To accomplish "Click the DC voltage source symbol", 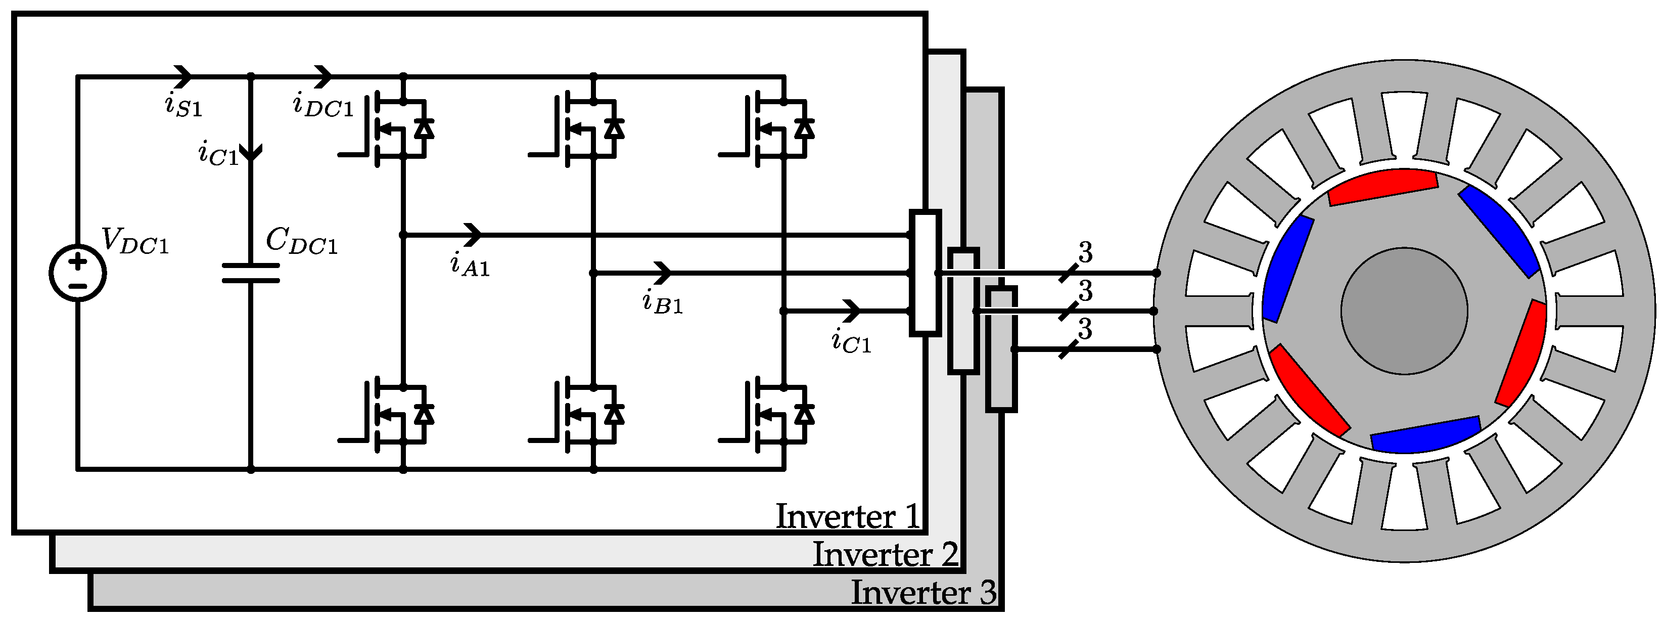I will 77,273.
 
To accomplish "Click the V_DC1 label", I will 135,242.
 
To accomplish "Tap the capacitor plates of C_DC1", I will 251,273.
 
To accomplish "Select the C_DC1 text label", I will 302,241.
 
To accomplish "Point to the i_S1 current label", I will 183,105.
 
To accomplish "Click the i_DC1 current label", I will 323,105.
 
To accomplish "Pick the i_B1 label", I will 663,302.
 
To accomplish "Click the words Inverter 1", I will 847,516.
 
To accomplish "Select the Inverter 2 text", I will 885,555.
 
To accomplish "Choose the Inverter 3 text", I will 923,593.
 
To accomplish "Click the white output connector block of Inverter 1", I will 925,273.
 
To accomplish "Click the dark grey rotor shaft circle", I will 1404,311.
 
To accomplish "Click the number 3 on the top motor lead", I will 1085,253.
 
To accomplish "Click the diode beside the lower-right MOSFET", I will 804,414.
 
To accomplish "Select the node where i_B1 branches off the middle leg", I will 593,273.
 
